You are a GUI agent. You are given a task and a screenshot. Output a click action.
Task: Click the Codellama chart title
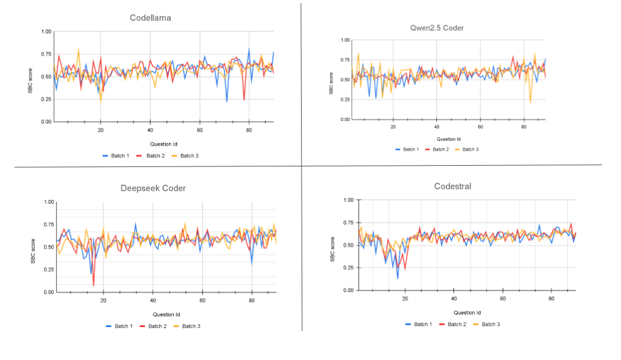[150, 18]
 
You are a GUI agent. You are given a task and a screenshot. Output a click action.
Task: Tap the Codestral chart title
[453, 186]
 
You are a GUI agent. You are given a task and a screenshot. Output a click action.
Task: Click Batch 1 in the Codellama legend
[115, 156]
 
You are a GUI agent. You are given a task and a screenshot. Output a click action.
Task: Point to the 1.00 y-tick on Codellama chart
[47, 32]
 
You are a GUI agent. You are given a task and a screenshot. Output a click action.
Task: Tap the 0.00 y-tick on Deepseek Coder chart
[49, 292]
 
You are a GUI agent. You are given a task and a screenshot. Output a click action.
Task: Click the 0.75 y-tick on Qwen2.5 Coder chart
[345, 60]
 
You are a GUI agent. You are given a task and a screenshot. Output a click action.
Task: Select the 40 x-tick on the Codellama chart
[150, 130]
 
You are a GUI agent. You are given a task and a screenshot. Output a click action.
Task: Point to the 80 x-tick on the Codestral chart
[551, 299]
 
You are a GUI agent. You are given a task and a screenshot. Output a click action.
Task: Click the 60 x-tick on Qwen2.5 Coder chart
[480, 127]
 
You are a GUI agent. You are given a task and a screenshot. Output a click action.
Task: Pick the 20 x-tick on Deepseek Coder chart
[103, 301]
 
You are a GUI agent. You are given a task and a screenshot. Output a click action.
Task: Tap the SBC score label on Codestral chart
[333, 246]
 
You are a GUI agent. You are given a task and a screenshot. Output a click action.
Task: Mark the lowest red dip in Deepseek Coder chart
[94, 285]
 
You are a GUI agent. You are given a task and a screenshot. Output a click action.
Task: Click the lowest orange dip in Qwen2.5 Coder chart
[530, 102]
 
